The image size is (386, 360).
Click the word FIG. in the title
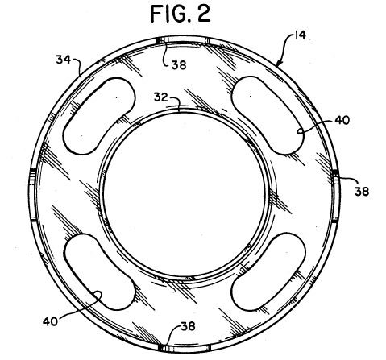coord(171,14)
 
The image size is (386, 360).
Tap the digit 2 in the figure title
coord(204,14)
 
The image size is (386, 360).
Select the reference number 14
coord(300,35)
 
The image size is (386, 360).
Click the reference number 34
coord(63,60)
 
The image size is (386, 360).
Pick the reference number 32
coord(160,97)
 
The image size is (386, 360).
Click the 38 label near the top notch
coord(179,65)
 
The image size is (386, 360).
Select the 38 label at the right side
coord(362,192)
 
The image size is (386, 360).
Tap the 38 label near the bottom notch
coord(188,326)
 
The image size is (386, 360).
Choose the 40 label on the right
coord(342,120)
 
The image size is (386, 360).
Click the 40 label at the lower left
coord(50,321)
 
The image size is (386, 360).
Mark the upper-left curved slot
coord(99,115)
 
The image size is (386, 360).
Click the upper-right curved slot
coord(268,115)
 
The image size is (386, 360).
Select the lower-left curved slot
coord(99,271)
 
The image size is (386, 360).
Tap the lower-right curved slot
coord(268,271)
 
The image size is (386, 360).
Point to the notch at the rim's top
coord(183,40)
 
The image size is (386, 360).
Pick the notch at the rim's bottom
coord(185,348)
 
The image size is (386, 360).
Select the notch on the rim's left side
coord(33,195)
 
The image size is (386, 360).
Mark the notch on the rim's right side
coord(335,196)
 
